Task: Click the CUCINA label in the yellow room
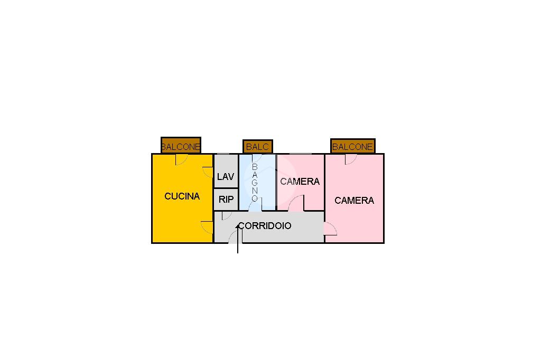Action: coord(182,196)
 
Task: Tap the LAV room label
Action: coord(226,176)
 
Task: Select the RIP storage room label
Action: coord(226,200)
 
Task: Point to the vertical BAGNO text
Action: coord(255,183)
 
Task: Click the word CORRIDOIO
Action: coord(265,226)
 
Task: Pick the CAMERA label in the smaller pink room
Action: coord(300,182)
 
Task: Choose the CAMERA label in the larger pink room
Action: coord(355,201)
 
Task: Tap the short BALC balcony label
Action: coord(257,147)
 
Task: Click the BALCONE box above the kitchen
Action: coord(181,145)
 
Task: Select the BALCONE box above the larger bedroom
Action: coord(352,146)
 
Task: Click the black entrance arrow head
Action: coord(238,226)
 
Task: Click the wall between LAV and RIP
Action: coord(226,188)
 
